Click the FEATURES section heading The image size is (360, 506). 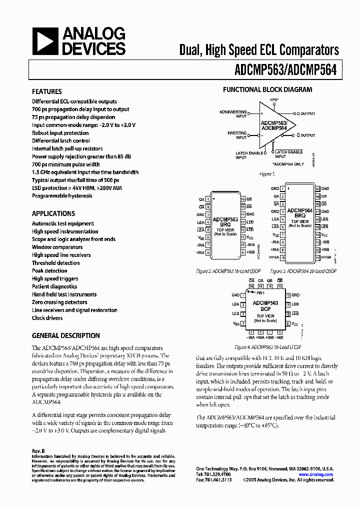47,91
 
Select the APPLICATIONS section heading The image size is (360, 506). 53,213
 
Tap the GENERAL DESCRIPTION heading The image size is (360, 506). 66,335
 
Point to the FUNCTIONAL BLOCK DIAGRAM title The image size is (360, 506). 267,90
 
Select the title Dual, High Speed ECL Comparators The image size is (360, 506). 259,50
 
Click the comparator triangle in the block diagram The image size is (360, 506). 272,124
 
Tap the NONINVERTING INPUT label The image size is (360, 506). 234,114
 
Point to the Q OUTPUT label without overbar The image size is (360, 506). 305,113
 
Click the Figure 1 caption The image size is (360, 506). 267,173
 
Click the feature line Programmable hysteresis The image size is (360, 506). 62,196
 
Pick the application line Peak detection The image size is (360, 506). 49,271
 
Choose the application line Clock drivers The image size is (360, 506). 47,318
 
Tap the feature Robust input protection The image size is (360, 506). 60,133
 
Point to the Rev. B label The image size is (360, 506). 38,450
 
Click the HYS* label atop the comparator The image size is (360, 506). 274,100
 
